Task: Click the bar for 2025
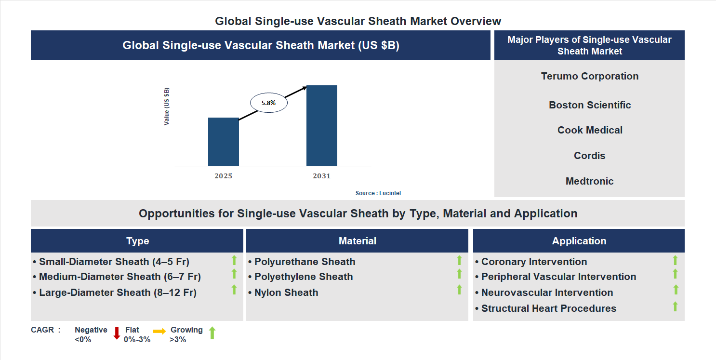click(223, 142)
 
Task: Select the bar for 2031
click(321, 126)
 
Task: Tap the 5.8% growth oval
click(268, 103)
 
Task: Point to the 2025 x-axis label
click(223, 176)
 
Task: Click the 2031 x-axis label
click(321, 176)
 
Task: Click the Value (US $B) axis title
click(167, 107)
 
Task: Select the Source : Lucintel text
click(378, 193)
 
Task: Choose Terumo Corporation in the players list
click(589, 76)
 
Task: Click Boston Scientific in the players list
click(589, 105)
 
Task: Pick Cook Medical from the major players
click(589, 130)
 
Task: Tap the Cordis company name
click(589, 156)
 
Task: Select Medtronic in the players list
click(589, 181)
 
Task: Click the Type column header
click(137, 241)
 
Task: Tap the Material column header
click(357, 241)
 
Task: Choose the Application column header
click(579, 241)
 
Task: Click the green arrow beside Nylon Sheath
click(459, 290)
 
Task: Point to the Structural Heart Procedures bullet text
click(548, 308)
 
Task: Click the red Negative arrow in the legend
click(117, 333)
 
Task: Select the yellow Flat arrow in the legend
click(159, 331)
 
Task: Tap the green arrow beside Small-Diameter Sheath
click(234, 260)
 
